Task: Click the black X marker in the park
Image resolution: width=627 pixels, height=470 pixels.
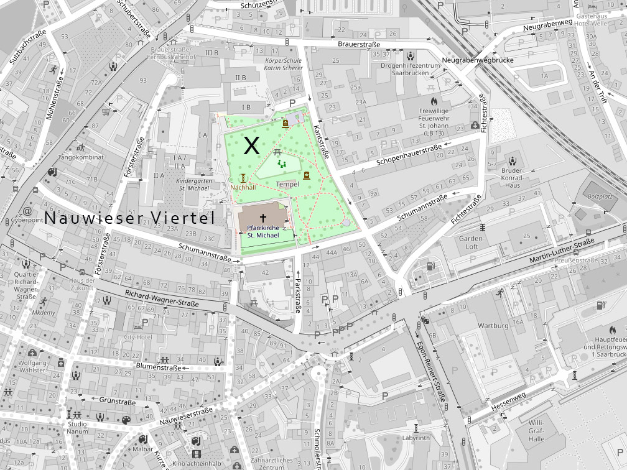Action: [251, 146]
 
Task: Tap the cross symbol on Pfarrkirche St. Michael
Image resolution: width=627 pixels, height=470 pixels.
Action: [263, 218]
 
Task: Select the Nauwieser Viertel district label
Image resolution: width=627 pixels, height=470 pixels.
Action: [129, 218]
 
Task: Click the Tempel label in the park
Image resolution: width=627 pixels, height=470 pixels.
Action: [287, 185]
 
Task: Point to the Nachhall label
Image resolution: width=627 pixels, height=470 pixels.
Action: [243, 187]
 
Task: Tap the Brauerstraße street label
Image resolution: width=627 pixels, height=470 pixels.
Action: [359, 45]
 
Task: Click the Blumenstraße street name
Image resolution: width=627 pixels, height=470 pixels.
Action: [159, 367]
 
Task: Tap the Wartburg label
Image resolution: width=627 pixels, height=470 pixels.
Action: [493, 326]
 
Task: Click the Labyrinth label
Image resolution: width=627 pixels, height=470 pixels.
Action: [416, 438]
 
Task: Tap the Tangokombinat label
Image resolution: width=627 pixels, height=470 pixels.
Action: [80, 157]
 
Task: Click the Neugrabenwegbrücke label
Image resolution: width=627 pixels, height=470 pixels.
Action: [469, 60]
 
